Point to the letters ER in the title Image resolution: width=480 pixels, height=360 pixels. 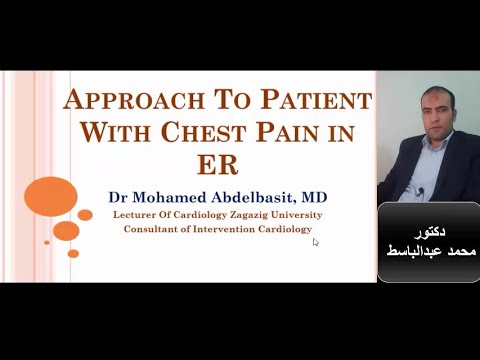[x=218, y=161]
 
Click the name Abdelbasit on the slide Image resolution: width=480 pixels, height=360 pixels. [x=258, y=196]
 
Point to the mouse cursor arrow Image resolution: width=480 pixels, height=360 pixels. [x=315, y=241]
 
